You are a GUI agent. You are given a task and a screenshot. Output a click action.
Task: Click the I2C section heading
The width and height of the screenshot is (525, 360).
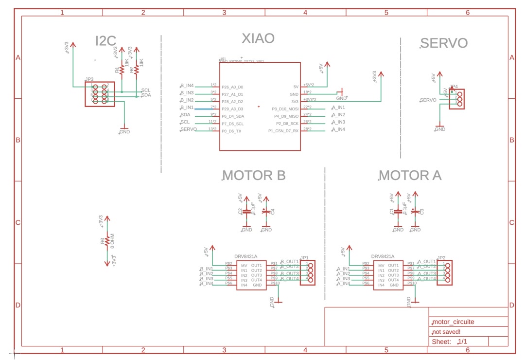106,42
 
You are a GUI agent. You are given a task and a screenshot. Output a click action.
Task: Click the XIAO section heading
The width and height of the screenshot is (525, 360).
258,38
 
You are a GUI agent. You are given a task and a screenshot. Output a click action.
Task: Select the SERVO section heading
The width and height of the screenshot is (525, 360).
444,43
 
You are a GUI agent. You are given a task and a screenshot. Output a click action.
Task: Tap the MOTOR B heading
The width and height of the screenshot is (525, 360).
254,176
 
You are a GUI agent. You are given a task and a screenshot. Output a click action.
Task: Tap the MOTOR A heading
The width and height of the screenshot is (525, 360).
410,176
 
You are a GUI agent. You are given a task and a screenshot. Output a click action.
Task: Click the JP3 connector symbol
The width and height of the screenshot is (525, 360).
100,94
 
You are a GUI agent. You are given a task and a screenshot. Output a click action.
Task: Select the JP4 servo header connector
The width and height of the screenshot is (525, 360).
457,99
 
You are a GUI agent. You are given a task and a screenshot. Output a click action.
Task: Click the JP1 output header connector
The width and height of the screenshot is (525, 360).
307,273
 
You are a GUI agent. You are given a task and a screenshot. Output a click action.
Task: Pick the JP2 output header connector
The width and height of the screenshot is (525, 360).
445,273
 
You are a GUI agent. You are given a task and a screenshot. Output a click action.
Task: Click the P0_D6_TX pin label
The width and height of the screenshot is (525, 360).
232,131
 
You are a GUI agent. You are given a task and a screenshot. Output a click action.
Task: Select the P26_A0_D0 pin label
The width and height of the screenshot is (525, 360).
232,87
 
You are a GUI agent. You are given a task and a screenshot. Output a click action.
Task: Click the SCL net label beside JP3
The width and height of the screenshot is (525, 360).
146,90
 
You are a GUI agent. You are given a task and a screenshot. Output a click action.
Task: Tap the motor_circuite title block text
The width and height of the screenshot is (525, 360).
453,322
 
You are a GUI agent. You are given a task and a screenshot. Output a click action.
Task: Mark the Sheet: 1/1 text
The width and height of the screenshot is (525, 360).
450,342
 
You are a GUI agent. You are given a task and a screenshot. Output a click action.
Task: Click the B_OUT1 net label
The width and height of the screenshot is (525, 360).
290,262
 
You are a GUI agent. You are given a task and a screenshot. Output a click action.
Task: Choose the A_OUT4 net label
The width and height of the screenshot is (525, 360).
427,279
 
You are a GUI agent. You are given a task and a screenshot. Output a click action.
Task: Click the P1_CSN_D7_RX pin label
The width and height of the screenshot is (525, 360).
283,131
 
